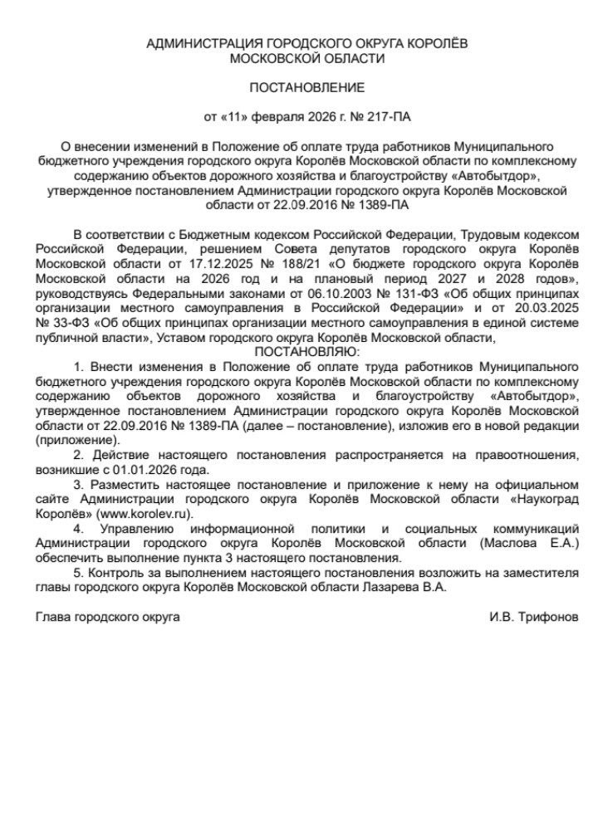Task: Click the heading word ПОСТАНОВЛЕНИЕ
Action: (307, 87)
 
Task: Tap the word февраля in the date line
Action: (276, 115)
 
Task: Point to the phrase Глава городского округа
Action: (107, 617)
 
